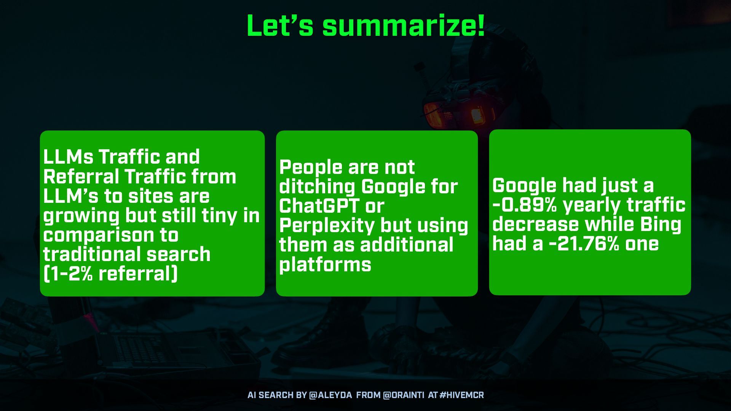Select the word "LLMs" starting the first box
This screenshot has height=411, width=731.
coord(68,157)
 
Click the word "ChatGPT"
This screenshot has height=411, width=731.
coord(319,206)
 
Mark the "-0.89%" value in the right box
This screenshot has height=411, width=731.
coord(525,205)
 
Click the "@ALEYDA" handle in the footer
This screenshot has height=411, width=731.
coord(330,395)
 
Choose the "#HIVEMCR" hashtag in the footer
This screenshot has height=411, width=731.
coord(461,395)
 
